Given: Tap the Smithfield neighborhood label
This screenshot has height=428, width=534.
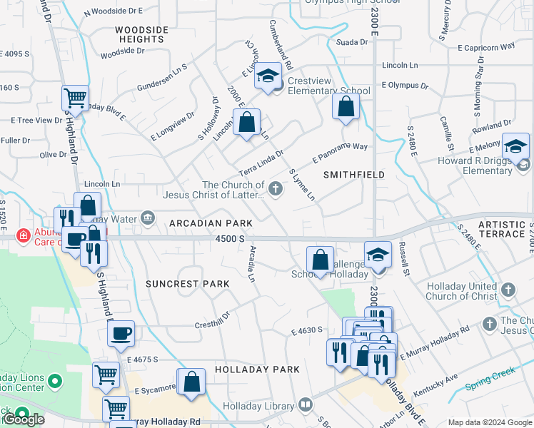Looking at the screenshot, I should (x=354, y=174).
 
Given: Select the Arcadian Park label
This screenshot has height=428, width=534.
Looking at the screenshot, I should (x=201, y=223).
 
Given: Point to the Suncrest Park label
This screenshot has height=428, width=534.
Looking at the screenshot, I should (x=188, y=283).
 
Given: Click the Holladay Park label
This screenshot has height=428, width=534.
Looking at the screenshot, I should (x=256, y=370).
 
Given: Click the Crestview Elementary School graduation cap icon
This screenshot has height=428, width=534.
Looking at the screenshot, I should (x=268, y=76).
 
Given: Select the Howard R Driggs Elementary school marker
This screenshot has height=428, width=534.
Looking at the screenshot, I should (x=515, y=146).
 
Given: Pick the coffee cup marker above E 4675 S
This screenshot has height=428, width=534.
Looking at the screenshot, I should (x=121, y=332).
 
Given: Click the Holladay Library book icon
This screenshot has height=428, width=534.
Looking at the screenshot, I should (x=306, y=404).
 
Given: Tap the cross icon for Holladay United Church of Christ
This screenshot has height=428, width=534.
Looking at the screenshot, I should (x=508, y=290).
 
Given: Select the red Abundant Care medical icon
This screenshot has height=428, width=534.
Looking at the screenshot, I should (x=24, y=234).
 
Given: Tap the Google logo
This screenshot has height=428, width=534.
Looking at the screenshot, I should (x=24, y=419).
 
